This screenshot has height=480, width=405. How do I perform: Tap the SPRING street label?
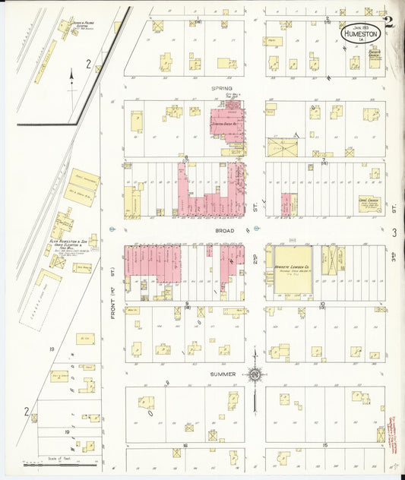[x=221, y=88]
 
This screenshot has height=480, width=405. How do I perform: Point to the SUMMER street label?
[x=221, y=374]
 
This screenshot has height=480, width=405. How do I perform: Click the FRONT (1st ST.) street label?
[x=112, y=270]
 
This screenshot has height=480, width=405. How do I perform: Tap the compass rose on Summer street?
[x=255, y=374]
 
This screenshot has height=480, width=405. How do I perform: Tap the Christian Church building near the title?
[x=374, y=58]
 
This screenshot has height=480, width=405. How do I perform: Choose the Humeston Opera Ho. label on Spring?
[x=225, y=122]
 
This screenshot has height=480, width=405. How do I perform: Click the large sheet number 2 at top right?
[x=389, y=23]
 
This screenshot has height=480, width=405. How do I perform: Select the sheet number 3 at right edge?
[x=394, y=233]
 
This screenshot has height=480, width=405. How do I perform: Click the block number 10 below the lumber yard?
[x=322, y=304]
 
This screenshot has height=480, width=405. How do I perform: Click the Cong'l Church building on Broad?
[x=369, y=204]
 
